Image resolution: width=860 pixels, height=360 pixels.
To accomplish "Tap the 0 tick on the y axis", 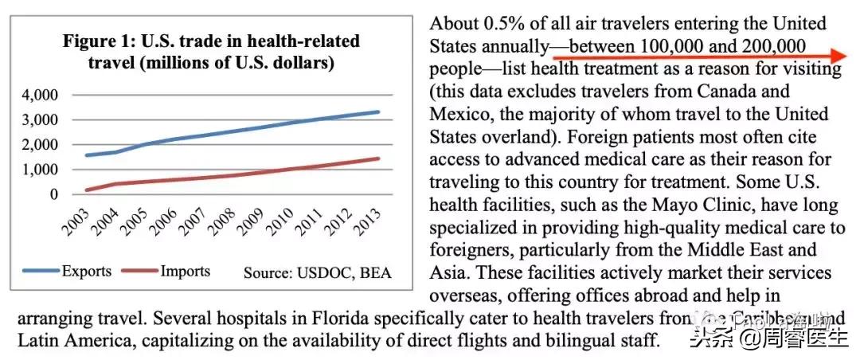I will [x=54, y=194].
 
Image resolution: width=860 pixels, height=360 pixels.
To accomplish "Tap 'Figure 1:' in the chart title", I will [x=100, y=41].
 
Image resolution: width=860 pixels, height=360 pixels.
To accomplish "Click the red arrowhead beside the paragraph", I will [x=835, y=55].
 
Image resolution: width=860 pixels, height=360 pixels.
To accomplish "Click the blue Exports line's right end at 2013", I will [x=378, y=112].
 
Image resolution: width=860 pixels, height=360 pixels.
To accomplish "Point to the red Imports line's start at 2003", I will [x=85, y=190].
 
